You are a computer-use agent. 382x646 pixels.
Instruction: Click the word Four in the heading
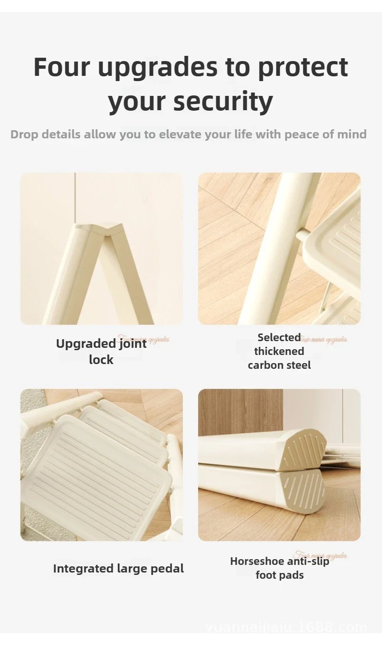(61, 67)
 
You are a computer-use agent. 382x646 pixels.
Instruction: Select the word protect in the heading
(303, 67)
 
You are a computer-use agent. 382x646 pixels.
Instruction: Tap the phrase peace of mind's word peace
(305, 134)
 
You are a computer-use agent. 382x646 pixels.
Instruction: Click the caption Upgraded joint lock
(101, 351)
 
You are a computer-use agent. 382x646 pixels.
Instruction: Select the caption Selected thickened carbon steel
(279, 351)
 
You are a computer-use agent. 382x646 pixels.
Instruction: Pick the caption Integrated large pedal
(118, 568)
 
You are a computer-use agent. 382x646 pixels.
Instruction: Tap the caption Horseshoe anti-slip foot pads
(279, 568)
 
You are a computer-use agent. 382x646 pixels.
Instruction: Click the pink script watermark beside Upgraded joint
(143, 340)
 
